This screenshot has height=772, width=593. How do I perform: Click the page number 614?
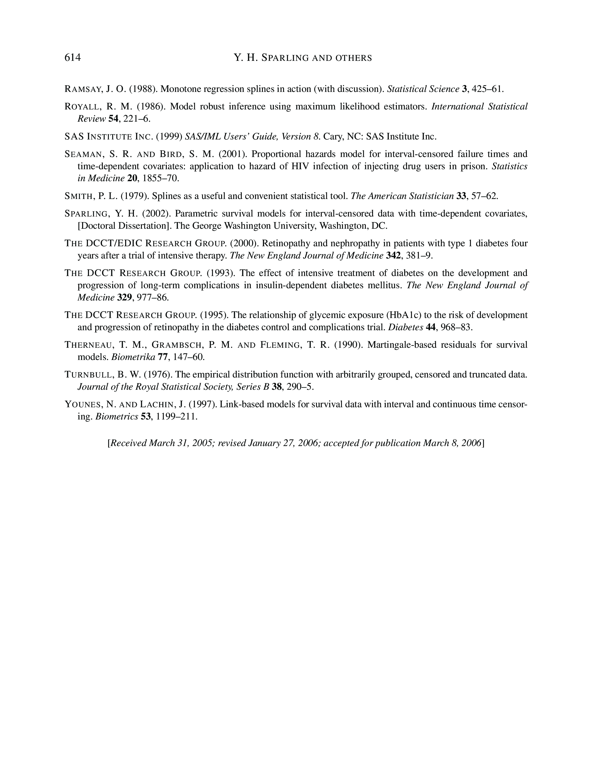(x=73, y=58)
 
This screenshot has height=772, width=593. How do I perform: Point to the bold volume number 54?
(x=113, y=119)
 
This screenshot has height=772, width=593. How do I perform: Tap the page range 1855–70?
(x=160, y=179)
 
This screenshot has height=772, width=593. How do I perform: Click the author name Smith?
(x=79, y=196)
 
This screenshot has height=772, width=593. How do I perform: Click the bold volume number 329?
(x=124, y=298)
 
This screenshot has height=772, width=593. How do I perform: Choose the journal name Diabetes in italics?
(x=405, y=327)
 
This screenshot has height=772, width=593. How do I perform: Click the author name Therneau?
(x=88, y=345)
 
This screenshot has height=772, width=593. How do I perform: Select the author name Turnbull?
(x=87, y=375)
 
